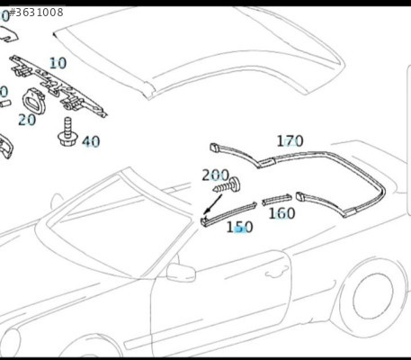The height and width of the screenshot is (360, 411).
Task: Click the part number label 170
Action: click(290, 141)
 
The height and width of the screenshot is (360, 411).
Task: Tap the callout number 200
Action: click(216, 175)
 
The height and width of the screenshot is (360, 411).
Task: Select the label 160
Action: click(281, 213)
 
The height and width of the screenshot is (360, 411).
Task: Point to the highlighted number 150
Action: click(239, 227)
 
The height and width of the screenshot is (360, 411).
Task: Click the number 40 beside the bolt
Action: click(91, 141)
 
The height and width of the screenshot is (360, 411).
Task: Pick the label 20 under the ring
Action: click(27, 120)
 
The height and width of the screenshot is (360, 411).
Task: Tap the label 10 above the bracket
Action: click(58, 63)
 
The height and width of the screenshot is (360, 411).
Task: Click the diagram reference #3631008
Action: click(36, 13)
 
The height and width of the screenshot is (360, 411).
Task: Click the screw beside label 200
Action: click(227, 185)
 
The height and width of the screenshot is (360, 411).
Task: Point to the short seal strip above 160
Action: click(277, 200)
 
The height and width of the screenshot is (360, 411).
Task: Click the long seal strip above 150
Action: click(228, 213)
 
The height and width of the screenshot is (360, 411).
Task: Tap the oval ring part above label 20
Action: click(34, 101)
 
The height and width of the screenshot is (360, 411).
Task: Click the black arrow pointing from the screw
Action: click(213, 204)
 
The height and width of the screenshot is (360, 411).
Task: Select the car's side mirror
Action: click(181, 273)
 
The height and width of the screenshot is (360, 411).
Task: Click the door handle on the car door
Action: click(275, 274)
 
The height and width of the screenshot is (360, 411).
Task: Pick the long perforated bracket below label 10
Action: click(58, 85)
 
